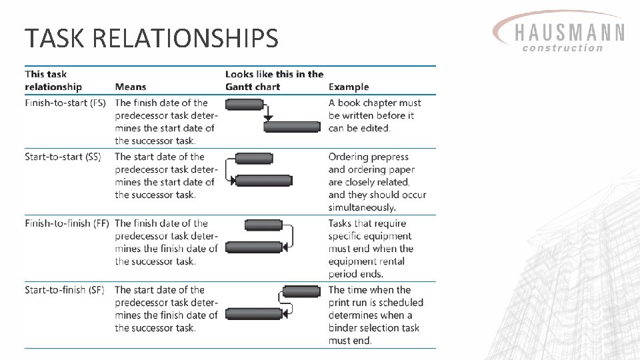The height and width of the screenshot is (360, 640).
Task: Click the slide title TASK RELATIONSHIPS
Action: click(x=151, y=39)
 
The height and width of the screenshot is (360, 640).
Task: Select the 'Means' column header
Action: click(x=130, y=87)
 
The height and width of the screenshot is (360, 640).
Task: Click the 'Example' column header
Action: click(x=348, y=87)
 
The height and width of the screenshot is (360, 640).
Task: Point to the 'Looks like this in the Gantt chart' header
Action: click(x=274, y=81)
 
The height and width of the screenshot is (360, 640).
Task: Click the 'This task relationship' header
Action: click(x=53, y=81)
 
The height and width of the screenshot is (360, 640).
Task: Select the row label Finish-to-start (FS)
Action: click(x=65, y=103)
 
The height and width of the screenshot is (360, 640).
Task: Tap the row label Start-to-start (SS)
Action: click(x=63, y=157)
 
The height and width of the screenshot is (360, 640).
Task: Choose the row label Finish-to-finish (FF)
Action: click(x=67, y=223)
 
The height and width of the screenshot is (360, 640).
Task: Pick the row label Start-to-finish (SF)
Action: click(x=65, y=290)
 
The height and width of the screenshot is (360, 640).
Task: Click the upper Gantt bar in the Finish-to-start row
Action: click(x=244, y=104)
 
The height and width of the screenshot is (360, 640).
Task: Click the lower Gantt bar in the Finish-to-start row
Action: click(x=292, y=127)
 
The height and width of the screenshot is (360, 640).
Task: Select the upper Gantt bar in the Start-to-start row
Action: click(x=254, y=159)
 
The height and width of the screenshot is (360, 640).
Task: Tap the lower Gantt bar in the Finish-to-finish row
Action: click(x=254, y=247)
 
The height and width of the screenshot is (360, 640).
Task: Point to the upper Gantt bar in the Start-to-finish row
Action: click(x=301, y=291)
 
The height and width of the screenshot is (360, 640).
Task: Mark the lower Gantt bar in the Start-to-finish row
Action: click(x=254, y=313)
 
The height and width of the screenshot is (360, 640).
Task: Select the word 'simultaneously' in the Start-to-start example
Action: click(x=362, y=207)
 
